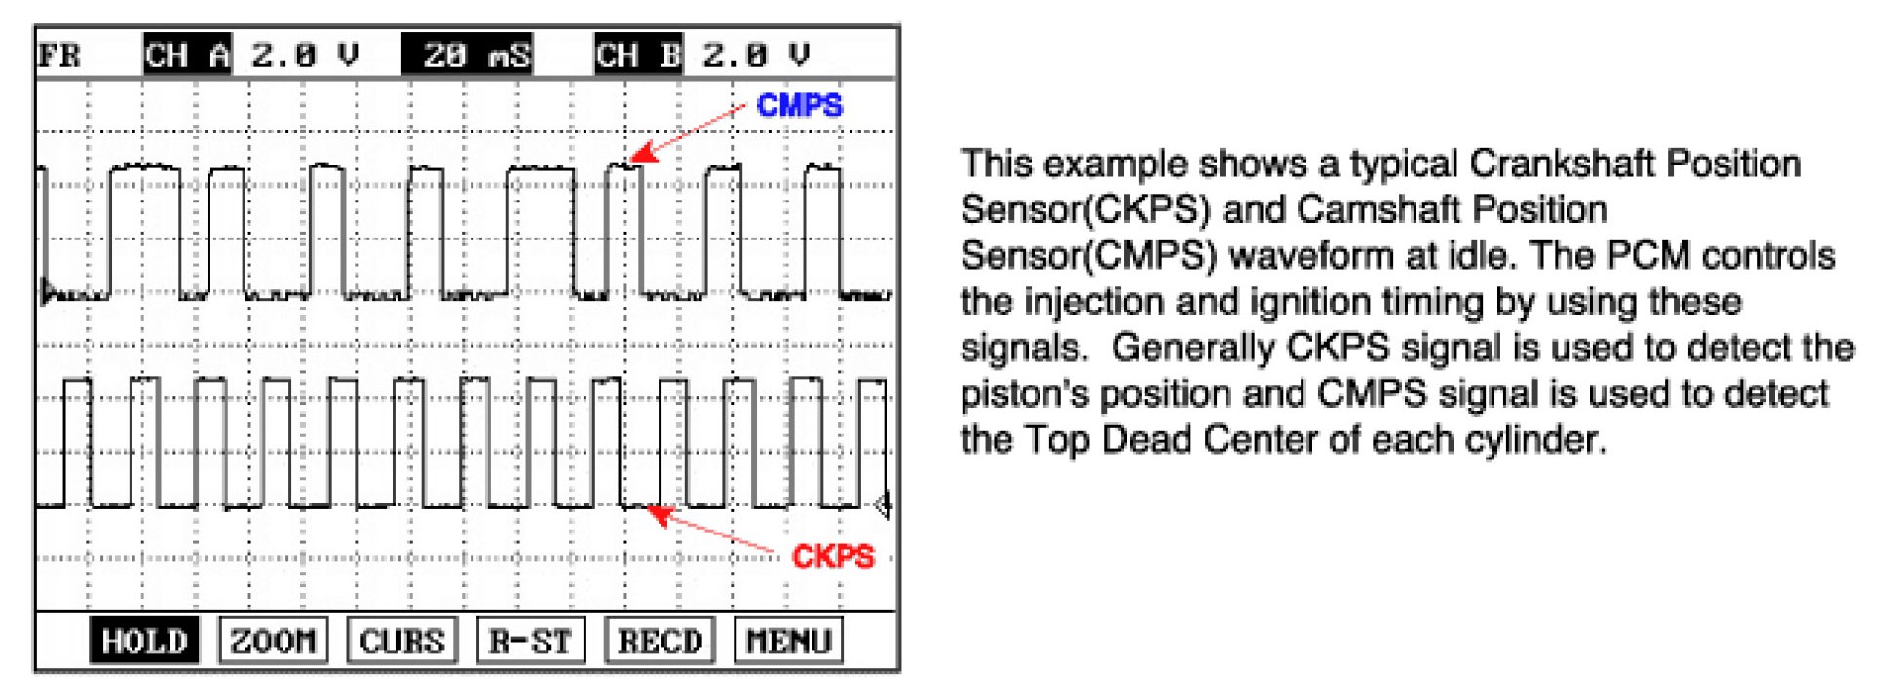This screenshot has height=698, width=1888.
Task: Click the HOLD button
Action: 144,641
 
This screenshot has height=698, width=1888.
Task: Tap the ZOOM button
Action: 273,641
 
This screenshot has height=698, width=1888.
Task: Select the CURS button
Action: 401,641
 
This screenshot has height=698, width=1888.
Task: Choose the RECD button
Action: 660,641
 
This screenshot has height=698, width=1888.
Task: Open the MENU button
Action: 788,641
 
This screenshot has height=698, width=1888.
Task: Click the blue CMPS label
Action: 799,105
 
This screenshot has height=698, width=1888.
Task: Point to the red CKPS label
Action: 833,556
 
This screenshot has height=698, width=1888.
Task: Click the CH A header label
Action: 187,55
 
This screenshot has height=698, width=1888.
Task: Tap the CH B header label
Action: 638,55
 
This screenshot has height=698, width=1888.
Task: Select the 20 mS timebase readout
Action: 468,55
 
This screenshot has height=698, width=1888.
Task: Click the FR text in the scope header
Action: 59,55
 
